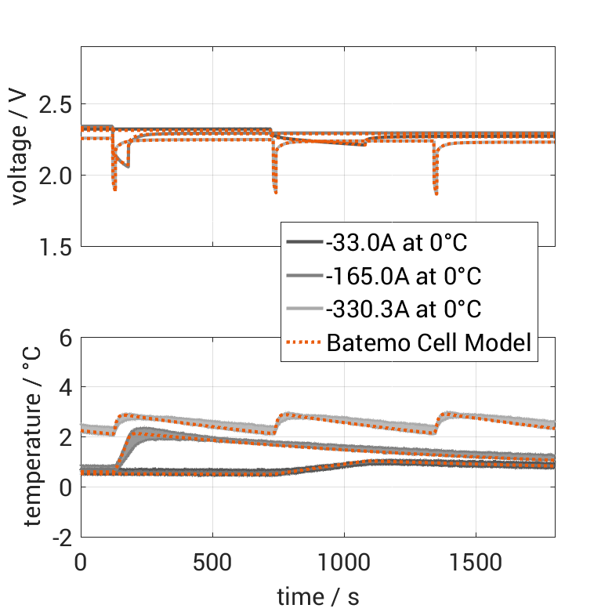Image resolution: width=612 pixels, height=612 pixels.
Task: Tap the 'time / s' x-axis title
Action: (x=318, y=596)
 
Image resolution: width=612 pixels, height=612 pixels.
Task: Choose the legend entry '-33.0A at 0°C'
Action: (x=397, y=243)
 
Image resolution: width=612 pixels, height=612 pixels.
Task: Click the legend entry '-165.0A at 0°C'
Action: (x=403, y=277)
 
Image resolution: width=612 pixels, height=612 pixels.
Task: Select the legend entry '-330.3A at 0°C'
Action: (x=403, y=310)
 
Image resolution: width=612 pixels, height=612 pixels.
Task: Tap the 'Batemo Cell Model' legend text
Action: (x=429, y=342)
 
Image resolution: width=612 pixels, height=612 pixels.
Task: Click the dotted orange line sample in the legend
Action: (x=304, y=342)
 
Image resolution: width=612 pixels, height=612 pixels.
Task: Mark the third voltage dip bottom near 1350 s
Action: (x=436, y=194)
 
